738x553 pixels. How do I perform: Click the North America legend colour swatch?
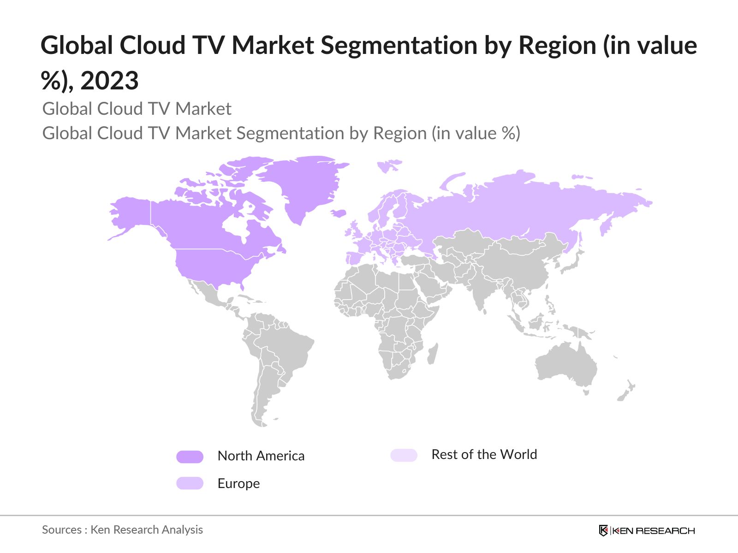pos(190,457)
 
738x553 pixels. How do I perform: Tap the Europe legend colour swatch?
pos(190,483)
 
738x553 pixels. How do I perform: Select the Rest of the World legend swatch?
pos(404,455)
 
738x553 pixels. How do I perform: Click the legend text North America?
pos(261,456)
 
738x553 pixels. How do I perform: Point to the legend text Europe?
pos(238,483)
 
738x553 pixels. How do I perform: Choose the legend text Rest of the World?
pos(484,455)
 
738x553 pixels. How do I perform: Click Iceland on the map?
pos(339,213)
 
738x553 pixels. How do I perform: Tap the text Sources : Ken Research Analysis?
pos(122,530)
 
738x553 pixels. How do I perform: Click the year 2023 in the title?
pos(110,81)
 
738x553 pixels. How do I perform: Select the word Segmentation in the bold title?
pos(399,46)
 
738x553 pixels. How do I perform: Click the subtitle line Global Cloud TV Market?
pos(137,109)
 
